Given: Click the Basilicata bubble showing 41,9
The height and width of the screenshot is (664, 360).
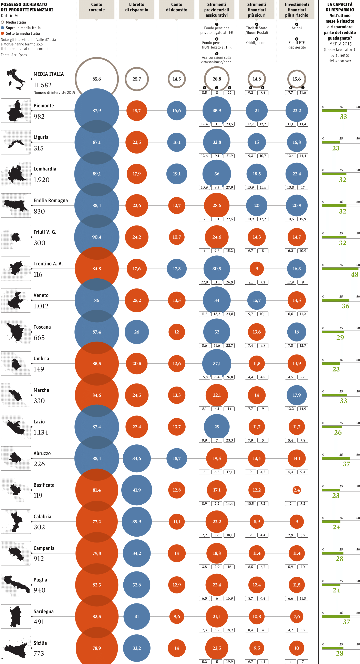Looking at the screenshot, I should coord(137,490).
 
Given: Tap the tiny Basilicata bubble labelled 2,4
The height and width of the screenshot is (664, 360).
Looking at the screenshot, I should coord(297,490).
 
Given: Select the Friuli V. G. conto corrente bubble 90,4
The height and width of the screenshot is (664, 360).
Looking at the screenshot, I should coord(97,237).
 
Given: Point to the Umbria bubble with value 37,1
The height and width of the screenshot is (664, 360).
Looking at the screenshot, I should coord(217,363).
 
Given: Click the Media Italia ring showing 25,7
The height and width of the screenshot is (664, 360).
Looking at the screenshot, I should coord(137,79).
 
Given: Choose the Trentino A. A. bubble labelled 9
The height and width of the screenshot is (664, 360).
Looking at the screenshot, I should coord(257,268).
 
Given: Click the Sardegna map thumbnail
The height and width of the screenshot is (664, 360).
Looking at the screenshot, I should coord(16,616).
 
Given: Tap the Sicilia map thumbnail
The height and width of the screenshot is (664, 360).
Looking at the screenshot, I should coord(16,648).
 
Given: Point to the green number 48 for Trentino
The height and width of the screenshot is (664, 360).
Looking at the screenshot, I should coord(354,275).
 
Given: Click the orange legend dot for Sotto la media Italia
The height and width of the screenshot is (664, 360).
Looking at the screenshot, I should coord(3,33).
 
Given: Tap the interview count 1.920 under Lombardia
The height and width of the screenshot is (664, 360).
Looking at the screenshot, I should coord(42,180).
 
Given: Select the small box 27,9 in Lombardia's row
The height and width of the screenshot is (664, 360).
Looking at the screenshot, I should coord(229,187).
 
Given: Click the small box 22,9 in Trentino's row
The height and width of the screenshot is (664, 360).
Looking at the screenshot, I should coord(204,282).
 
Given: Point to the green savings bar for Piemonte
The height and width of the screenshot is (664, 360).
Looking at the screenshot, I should coord(335,110).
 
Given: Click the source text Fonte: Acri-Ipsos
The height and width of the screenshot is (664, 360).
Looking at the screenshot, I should coord(14,55).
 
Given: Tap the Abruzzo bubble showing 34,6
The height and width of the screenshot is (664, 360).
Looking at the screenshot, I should coord(137,458).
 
